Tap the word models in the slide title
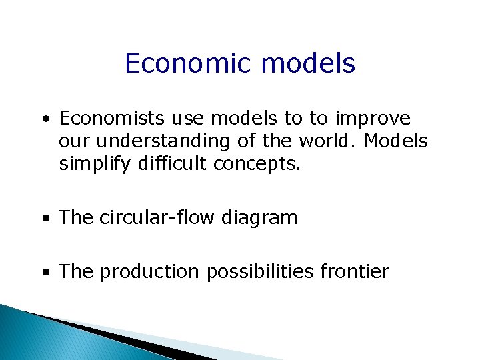click(309, 64)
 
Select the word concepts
click(257, 165)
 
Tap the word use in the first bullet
click(189, 119)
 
